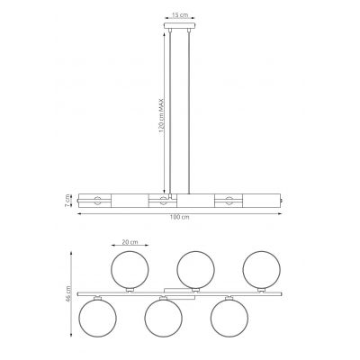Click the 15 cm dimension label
[180, 16]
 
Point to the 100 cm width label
[180, 219]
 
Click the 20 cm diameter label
[129, 243]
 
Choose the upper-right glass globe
[262, 269]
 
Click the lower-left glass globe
[96, 318]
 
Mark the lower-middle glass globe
[163, 318]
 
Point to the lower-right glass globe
[229, 318]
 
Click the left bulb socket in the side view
[94, 199]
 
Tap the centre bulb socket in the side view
[162, 199]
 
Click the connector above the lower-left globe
[96, 298]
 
